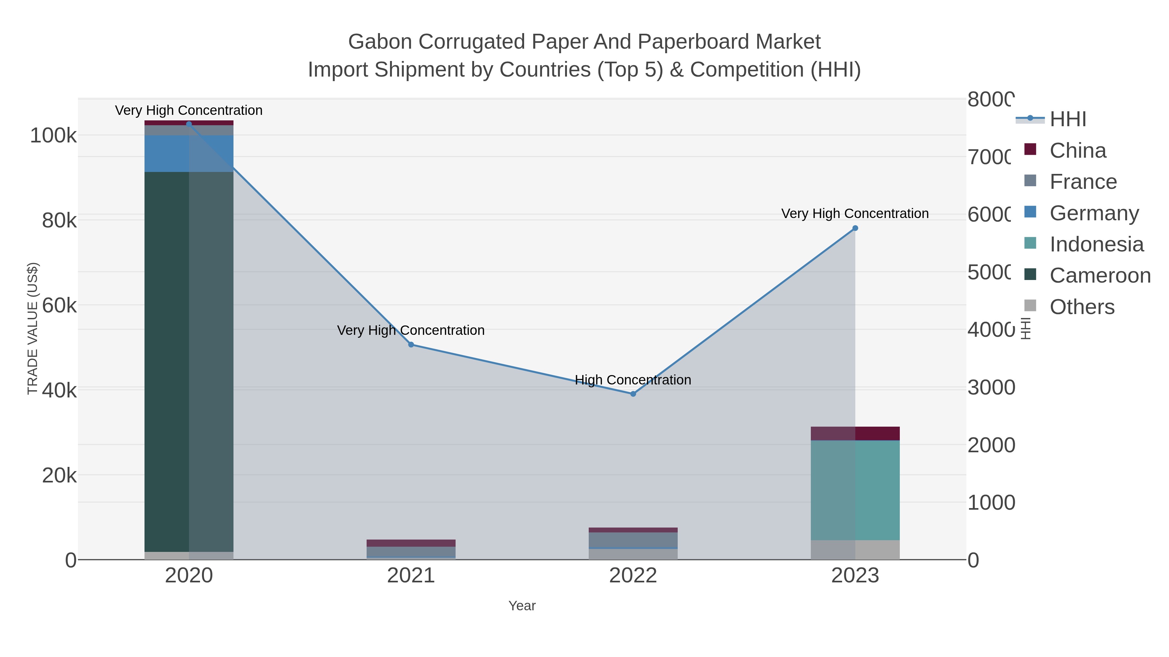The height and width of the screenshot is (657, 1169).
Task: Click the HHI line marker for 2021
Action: tap(411, 345)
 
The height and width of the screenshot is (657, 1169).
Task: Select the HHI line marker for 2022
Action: tap(633, 394)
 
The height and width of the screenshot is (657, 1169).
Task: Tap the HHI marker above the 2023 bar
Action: tap(855, 228)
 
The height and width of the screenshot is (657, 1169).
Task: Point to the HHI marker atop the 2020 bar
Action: tap(189, 124)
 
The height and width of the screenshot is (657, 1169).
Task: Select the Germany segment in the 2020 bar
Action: tap(189, 153)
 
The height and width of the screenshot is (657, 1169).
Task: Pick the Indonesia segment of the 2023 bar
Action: tap(855, 490)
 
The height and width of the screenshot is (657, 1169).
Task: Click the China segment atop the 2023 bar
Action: tap(855, 433)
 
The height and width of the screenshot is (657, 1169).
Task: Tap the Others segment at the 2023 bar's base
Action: tap(855, 550)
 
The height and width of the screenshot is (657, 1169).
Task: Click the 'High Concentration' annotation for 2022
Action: tap(633, 380)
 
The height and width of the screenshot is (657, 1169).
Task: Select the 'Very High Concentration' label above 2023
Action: tap(855, 213)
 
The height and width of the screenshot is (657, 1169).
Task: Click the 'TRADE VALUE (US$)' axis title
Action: tap(33, 328)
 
